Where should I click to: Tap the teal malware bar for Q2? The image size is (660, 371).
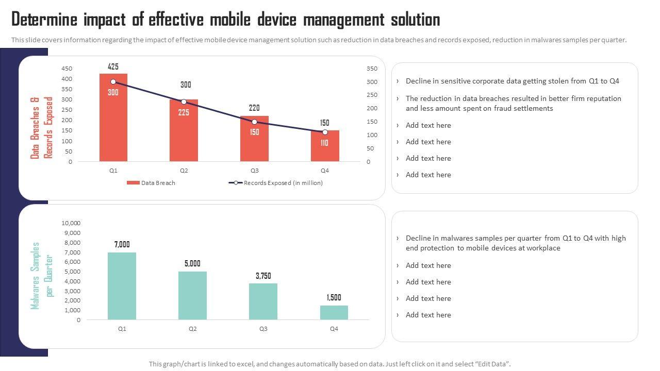coord(192,296)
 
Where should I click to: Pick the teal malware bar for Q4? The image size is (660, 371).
coord(334,313)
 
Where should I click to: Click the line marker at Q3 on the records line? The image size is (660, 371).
coord(254,122)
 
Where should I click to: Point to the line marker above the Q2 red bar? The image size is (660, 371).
coord(184,102)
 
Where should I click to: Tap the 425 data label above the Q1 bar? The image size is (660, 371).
coord(113,66)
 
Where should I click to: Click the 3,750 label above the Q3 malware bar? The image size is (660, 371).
coord(263,276)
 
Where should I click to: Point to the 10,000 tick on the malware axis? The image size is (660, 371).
coord(71,223)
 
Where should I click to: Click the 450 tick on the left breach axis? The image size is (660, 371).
coord(67,69)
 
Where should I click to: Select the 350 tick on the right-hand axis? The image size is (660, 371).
coord(372,69)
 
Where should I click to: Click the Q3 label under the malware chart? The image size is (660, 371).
coord(263,329)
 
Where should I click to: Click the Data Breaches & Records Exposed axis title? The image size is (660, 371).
coord(42,128)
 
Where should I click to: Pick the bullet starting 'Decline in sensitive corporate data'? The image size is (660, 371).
coord(512,81)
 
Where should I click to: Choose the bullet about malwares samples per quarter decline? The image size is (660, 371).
coord(516,243)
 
